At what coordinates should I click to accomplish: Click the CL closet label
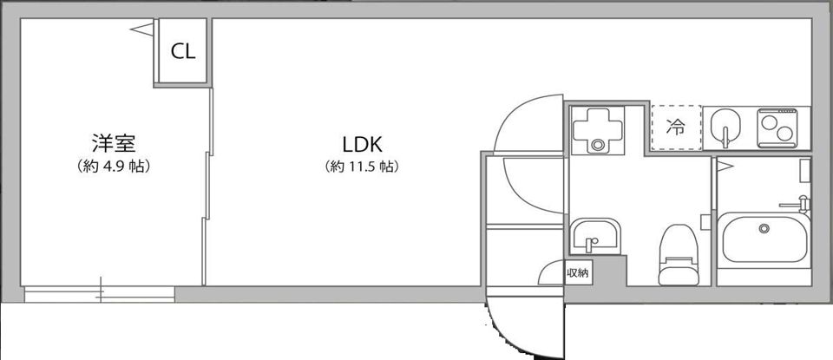pos(183,51)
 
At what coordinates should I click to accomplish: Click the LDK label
pos(363,144)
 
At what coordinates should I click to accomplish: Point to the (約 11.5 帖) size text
pos(362,167)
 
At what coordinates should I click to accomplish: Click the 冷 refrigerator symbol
pos(676,127)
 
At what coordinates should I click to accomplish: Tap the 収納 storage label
pos(578,274)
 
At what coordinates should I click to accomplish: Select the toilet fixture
pos(678,255)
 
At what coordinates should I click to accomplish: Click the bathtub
pos(765,238)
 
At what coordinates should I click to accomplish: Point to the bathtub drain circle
pos(764,228)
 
